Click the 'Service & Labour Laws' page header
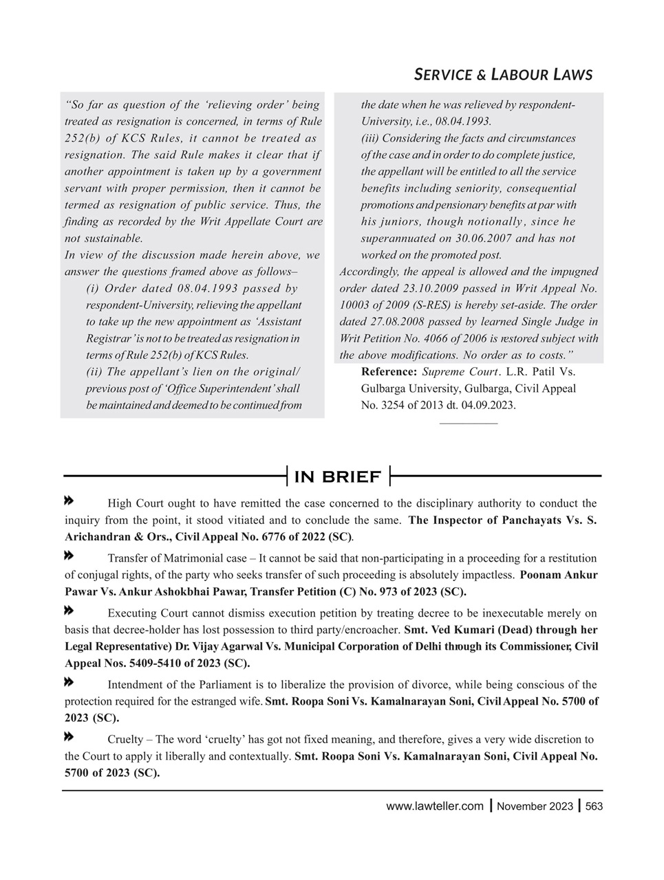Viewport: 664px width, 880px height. click(x=503, y=74)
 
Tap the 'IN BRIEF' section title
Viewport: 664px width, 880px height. click(x=337, y=476)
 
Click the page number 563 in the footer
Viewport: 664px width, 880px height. click(x=594, y=806)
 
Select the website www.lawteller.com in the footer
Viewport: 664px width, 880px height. click(x=435, y=806)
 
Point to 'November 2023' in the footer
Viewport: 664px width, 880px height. click(x=535, y=806)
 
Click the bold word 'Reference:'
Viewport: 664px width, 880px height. click(x=389, y=372)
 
